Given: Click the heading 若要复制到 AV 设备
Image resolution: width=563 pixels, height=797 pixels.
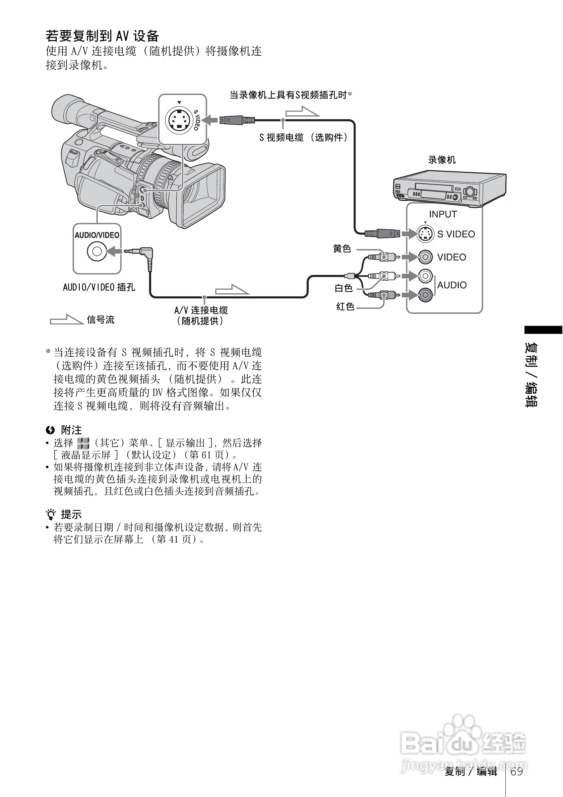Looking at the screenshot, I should pyautogui.click(x=103, y=36).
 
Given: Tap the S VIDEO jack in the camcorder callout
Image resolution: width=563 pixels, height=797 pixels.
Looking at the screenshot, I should pyautogui.click(x=179, y=121).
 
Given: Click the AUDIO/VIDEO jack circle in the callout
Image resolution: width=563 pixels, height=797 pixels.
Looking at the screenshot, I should pyautogui.click(x=97, y=251).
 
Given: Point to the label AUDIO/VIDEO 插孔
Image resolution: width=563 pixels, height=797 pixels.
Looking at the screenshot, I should pyautogui.click(x=99, y=287).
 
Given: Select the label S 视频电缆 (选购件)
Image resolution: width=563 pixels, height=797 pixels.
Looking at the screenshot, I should pyautogui.click(x=303, y=137).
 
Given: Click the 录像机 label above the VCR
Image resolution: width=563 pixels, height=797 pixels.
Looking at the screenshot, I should pyautogui.click(x=441, y=160).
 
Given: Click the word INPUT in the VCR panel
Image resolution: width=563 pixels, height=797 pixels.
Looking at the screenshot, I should pyautogui.click(x=443, y=214).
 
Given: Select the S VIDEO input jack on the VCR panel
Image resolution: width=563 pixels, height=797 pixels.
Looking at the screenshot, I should pyautogui.click(x=425, y=234).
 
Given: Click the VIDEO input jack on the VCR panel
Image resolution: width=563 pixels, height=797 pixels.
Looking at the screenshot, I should pyautogui.click(x=425, y=257).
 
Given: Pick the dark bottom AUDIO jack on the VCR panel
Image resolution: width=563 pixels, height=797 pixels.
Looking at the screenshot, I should pyautogui.click(x=425, y=295).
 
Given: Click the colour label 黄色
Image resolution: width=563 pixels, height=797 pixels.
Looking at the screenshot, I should pyautogui.click(x=342, y=248).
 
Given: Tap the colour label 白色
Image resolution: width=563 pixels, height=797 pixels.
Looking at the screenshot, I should pyautogui.click(x=343, y=288).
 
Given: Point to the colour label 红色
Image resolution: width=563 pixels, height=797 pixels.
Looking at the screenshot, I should pyautogui.click(x=345, y=306).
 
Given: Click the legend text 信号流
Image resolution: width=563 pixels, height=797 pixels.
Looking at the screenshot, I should pyautogui.click(x=101, y=320).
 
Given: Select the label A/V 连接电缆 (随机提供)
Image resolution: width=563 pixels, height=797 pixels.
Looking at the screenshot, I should pyautogui.click(x=201, y=315).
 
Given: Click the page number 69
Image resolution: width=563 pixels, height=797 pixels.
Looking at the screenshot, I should pyautogui.click(x=517, y=771).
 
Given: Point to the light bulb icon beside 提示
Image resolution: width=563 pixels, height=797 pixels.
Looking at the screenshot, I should pyautogui.click(x=51, y=514).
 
